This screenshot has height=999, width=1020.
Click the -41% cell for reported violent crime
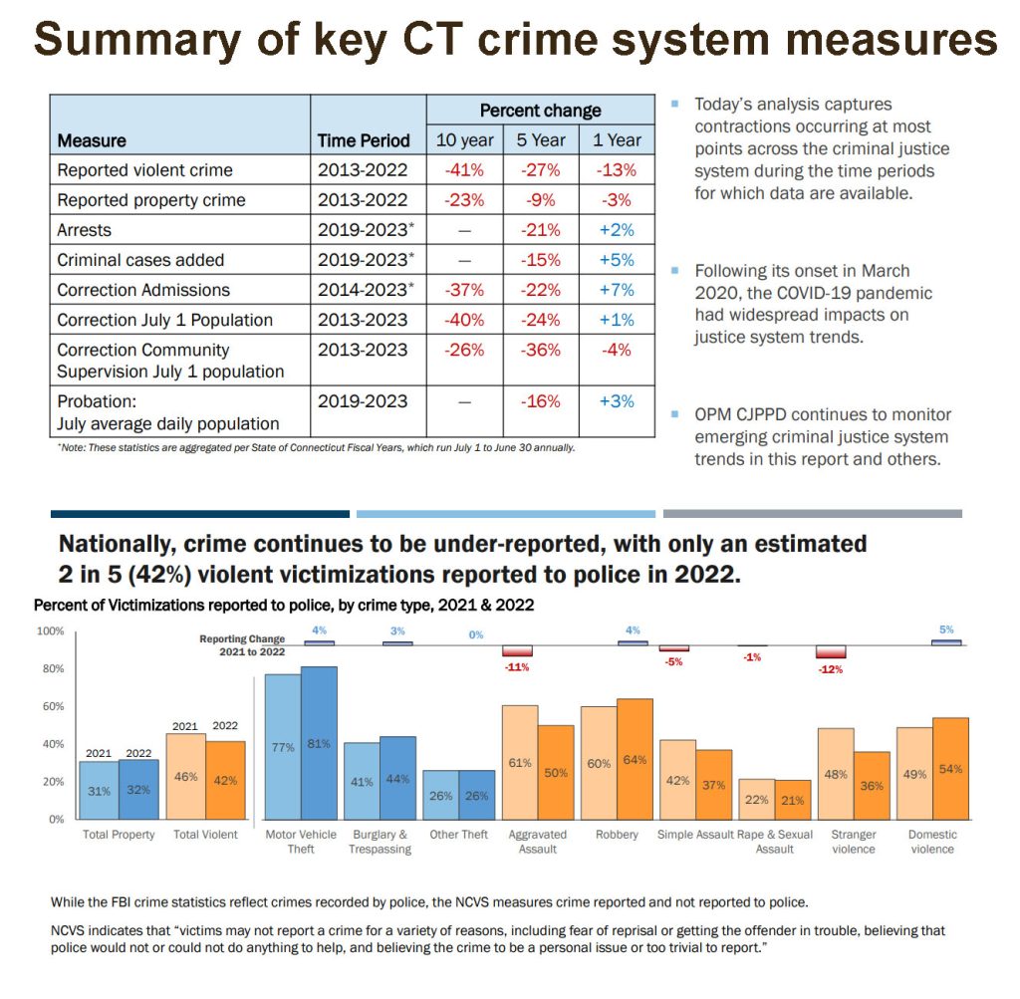[464, 170]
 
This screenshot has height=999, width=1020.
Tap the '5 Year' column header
[541, 140]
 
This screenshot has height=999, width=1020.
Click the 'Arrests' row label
[85, 230]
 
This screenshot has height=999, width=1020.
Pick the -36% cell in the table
[541, 350]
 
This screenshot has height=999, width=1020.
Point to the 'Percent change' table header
[540, 111]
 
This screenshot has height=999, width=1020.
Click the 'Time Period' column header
[364, 140]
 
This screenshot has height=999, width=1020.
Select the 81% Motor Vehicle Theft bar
[319, 743]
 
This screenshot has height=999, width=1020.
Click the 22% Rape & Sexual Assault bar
[756, 799]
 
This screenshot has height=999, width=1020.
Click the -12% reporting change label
[830, 669]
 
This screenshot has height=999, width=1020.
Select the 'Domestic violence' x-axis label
[931, 842]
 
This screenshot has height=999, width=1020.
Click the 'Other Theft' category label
[459, 835]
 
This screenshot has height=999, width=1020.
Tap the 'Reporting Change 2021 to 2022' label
[242, 645]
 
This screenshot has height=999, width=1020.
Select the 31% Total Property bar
[100, 791]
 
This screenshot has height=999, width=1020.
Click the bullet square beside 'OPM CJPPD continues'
[676, 413]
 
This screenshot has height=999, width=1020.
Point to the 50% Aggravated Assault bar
[556, 772]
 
